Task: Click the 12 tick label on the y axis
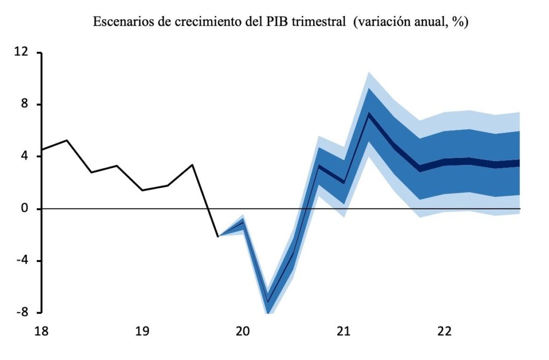[x=21, y=53]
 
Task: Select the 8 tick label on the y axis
[x=25, y=105]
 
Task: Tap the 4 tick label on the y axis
[x=25, y=157]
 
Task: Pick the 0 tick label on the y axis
[x=25, y=209]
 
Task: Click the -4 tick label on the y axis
[x=21, y=261]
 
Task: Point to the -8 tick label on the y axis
[x=21, y=313]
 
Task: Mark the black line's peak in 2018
[x=66, y=140]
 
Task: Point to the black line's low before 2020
[x=218, y=236]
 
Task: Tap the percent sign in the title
[x=458, y=22]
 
